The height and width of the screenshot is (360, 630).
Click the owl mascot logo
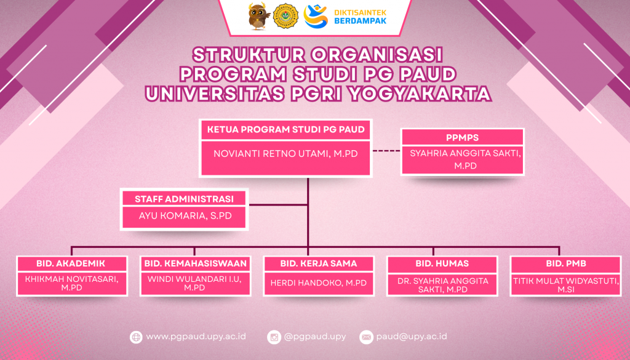click(257, 16)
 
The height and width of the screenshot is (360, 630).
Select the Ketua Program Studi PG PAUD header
click(286, 130)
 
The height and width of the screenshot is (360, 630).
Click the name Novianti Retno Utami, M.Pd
click(285, 153)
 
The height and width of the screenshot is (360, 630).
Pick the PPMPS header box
click(462, 137)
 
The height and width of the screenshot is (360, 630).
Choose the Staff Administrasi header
click(184, 199)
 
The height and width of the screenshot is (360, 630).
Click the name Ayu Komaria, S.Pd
click(184, 217)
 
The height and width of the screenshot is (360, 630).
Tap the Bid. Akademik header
click(72, 263)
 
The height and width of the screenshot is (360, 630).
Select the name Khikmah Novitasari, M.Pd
click(72, 282)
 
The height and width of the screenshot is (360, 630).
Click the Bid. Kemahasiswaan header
click(196, 263)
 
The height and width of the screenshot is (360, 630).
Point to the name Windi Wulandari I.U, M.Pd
click(196, 282)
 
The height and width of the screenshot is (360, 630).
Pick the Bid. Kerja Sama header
click(319, 263)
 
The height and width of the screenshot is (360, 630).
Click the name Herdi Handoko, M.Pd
click(319, 283)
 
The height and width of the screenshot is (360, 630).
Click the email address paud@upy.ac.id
click(412, 337)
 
